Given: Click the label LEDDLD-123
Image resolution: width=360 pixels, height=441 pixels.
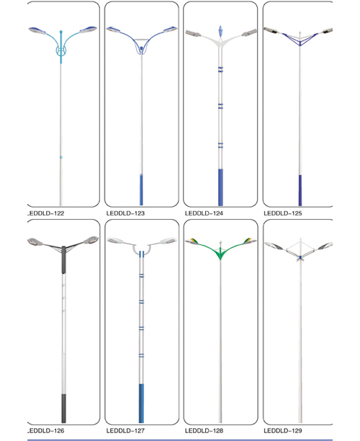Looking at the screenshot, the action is (125, 213).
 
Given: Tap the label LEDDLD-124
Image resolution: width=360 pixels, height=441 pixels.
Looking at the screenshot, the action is (204, 213).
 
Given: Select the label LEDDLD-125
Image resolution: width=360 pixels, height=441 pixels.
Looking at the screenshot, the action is (283, 213).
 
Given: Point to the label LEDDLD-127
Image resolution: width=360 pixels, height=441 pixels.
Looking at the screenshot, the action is (125, 431).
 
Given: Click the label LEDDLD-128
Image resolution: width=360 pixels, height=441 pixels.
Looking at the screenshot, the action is (204, 431).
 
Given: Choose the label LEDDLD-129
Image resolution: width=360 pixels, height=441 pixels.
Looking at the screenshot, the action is (283, 431).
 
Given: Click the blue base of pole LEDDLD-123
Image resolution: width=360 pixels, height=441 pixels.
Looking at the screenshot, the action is (141, 190).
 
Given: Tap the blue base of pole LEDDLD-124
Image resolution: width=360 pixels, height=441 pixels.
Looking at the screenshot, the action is (220, 187).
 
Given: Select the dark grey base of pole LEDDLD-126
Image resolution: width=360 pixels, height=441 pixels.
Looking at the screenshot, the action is (64, 409).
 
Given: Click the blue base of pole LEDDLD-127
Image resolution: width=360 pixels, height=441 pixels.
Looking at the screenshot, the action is (141, 404).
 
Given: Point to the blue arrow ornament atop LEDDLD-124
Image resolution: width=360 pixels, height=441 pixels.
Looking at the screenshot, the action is (220, 31).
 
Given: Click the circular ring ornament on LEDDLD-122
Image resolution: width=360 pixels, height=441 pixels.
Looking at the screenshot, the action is (61, 51).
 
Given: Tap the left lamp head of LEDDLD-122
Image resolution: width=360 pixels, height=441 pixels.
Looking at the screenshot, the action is (37, 31).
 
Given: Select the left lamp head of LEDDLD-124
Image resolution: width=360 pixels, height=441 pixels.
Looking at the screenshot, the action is (193, 33).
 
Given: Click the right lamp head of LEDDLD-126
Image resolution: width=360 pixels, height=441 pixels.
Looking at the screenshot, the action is (91, 240).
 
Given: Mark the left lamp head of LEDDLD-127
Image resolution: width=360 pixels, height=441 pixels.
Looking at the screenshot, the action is (115, 241).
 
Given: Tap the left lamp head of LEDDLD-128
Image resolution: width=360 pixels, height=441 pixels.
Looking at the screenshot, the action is (192, 241).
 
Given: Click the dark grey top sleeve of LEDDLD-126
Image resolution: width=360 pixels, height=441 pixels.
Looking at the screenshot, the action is (64, 260).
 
